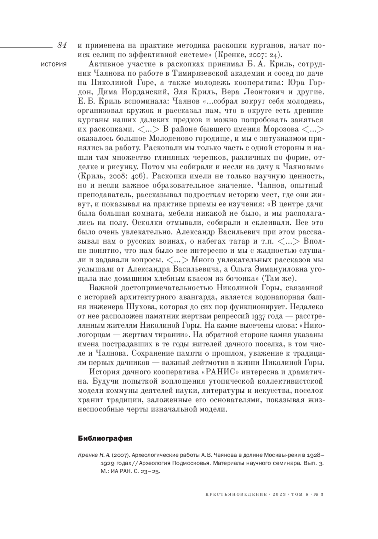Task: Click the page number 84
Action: (x=62, y=45)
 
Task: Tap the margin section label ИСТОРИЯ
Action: (x=54, y=64)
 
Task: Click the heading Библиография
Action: (x=105, y=438)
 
